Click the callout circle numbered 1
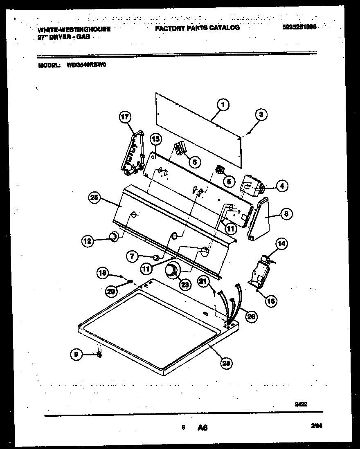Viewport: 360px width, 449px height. pos(223,105)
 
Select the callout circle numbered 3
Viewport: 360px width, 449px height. pos(261,115)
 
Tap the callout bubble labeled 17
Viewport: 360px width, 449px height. pos(124,117)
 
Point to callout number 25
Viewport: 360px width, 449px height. pos(95,198)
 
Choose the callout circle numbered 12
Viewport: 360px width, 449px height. pos(87,241)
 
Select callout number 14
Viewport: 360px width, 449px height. pos(281,244)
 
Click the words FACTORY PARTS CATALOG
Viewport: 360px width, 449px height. pos(197,28)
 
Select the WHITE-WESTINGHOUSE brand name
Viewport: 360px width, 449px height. pos(74,29)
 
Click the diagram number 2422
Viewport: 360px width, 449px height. pos(301,404)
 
